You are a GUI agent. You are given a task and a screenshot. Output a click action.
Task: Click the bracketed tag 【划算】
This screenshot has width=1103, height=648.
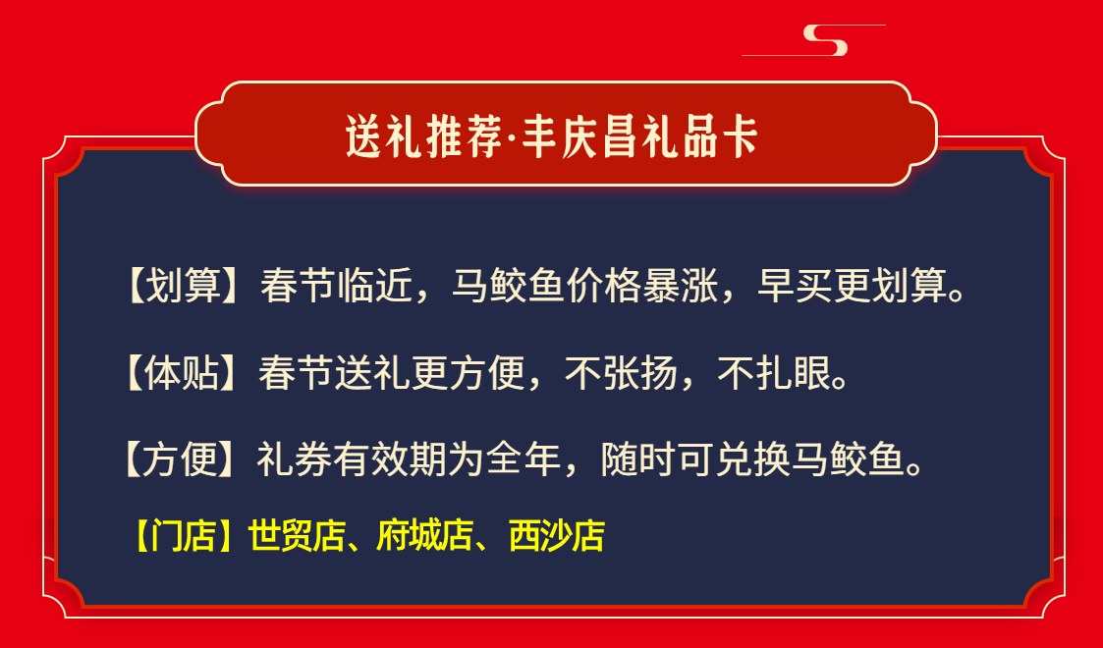click(x=182, y=286)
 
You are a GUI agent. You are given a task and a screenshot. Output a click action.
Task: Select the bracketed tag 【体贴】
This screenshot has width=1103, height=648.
click(x=181, y=372)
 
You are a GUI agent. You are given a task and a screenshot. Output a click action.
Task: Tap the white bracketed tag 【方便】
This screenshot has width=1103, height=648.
click(x=180, y=459)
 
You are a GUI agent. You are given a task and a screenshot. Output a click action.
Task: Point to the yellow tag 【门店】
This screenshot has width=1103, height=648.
click(x=184, y=536)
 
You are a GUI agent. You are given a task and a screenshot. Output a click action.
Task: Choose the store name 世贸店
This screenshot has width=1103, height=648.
click(x=297, y=536)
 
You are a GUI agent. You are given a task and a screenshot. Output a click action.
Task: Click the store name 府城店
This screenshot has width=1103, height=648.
click(x=425, y=536)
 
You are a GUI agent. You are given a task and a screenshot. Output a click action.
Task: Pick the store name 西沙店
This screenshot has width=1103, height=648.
click(x=557, y=536)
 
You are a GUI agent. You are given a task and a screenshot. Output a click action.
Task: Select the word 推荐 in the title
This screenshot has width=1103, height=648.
click(x=464, y=136)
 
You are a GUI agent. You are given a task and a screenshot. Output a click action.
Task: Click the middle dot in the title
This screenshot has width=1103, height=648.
click(x=512, y=137)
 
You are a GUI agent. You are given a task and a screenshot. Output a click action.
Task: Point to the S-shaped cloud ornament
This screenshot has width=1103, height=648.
click(x=826, y=40)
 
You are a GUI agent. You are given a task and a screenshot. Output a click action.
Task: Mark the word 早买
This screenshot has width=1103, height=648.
click(x=795, y=286)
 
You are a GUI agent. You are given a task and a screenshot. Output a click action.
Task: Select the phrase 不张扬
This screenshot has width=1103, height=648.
click(x=621, y=372)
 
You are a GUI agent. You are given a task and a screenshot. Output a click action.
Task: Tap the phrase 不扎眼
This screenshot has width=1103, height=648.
click(x=774, y=372)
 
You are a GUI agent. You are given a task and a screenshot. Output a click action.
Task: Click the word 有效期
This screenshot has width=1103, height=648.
click(x=390, y=459)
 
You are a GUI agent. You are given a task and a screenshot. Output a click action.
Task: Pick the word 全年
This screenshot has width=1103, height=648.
click(x=524, y=459)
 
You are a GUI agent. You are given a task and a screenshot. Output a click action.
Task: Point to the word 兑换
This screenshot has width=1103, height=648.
click(x=753, y=459)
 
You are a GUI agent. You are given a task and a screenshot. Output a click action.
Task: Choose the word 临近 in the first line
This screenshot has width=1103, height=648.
click(x=375, y=286)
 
